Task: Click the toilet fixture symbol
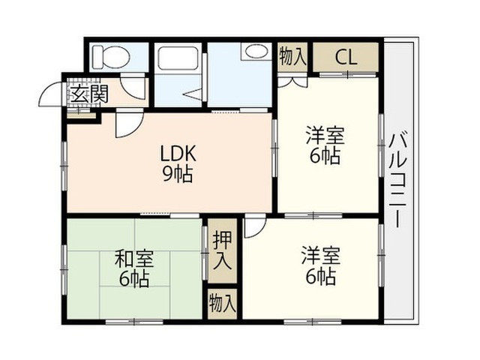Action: tap(111, 57)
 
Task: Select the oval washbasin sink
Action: tap(256, 52)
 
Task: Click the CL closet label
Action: tap(346, 57)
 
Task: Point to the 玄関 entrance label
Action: tap(89, 93)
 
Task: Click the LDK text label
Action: tap(178, 154)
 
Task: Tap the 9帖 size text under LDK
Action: tap(178, 175)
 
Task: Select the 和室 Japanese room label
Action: tap(134, 259)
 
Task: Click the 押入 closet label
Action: tap(222, 250)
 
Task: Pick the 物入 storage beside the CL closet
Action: tap(292, 57)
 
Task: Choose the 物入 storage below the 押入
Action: tap(222, 304)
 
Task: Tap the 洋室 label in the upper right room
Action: tap(325, 136)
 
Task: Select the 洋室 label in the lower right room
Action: tap(321, 256)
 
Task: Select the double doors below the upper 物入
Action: tap(292, 81)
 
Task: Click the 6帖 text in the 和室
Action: tap(134, 278)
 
